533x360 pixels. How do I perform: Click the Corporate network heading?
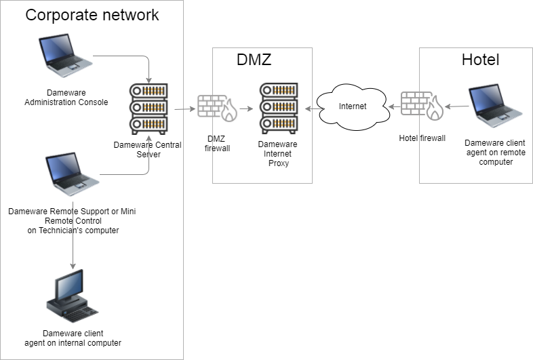coord(92,15)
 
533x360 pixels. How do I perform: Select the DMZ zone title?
coord(254,60)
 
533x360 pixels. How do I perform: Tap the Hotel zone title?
coord(480,60)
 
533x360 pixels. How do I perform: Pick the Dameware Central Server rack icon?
coord(149,108)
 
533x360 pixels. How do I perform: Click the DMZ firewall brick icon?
coord(216,108)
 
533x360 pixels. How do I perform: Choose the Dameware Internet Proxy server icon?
coord(279,108)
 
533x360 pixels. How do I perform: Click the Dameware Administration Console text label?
coord(66,97)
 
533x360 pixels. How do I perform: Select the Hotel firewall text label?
coord(422,138)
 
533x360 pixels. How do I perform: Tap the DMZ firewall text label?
coord(218,143)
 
